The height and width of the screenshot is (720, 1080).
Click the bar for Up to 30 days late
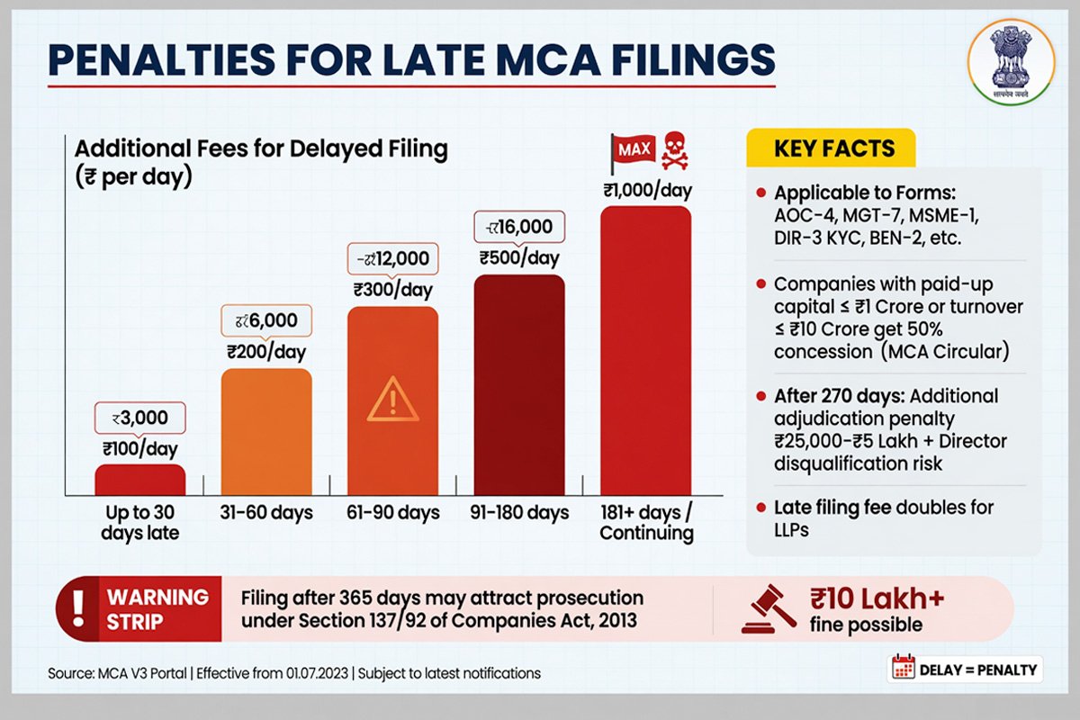tap(140, 479)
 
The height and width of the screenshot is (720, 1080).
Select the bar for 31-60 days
tap(266, 431)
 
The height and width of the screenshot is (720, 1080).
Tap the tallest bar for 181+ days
tap(645, 351)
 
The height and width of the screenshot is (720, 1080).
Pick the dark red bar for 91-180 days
tap(519, 384)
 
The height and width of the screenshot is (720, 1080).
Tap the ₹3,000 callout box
tap(140, 418)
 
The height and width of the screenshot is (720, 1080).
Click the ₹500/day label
tap(519, 258)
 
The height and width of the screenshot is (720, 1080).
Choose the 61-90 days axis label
tap(392, 513)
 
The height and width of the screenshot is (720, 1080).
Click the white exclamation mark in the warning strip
tap(79, 607)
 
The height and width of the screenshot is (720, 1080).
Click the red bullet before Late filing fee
tap(761, 508)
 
